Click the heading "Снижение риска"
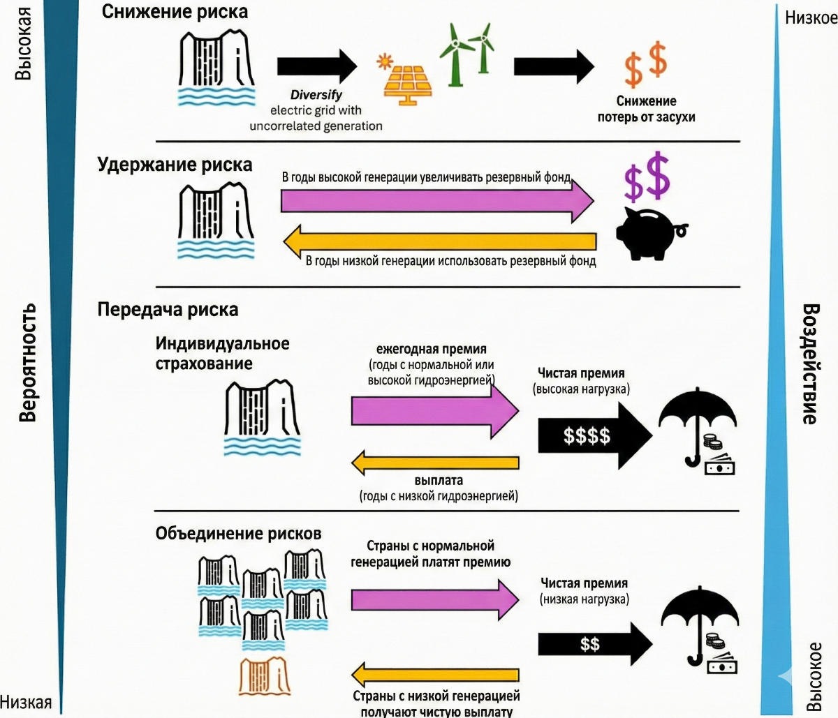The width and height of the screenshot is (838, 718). [174, 12]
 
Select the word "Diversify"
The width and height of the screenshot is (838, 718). [316, 95]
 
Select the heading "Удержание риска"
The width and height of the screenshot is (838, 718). [175, 165]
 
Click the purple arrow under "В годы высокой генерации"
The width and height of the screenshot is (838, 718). [436, 201]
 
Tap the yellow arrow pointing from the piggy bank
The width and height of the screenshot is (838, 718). [439, 241]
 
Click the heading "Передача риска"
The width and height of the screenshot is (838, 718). [168, 310]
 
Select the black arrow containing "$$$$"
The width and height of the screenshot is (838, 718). [594, 436]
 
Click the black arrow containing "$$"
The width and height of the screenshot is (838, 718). [594, 643]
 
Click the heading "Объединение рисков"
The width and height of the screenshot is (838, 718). [238, 534]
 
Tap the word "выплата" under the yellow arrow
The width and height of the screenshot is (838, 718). [439, 481]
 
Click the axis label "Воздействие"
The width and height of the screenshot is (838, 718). [810, 363]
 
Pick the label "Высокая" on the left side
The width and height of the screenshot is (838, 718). [24, 43]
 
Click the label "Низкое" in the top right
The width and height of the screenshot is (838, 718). [810, 17]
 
